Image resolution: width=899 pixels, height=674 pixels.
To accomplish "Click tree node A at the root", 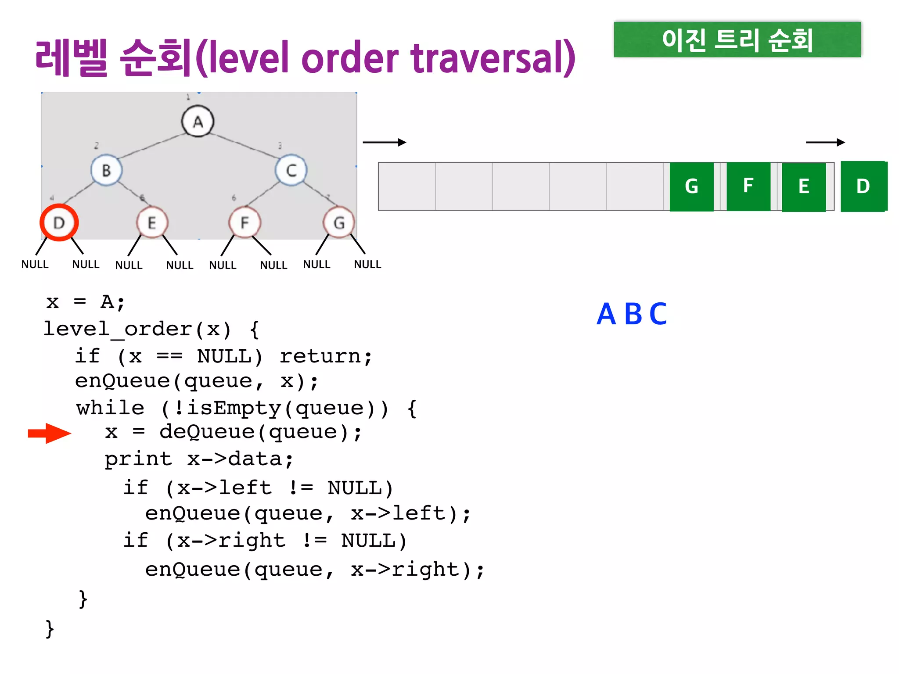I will click(x=198, y=121).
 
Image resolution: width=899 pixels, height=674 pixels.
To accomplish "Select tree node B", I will click(x=106, y=170).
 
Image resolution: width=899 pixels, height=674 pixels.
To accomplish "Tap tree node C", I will click(x=291, y=170).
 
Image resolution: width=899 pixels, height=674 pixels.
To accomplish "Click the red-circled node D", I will click(x=59, y=222).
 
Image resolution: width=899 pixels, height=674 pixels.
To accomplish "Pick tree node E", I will click(x=152, y=222).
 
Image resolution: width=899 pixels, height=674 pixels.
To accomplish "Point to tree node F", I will click(x=245, y=222).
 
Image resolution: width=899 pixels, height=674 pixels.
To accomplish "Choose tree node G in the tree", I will click(x=338, y=222).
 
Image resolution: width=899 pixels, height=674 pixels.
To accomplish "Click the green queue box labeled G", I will click(x=691, y=186).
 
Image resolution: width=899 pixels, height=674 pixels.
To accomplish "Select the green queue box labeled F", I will click(x=748, y=186).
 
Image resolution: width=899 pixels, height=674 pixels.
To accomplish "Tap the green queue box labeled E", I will click(x=804, y=187).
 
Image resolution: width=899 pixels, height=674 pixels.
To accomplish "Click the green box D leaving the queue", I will click(x=863, y=186).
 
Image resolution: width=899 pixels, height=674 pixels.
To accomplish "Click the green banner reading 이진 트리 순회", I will click(x=737, y=40).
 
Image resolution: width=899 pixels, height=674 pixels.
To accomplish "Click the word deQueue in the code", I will click(x=207, y=432).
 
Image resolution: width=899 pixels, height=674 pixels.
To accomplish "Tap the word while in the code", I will click(x=110, y=408).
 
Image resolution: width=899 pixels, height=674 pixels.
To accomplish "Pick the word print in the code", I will click(x=138, y=459).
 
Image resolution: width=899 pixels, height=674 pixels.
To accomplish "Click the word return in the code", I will click(x=320, y=356).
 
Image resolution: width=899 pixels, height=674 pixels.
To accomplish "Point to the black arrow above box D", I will click(x=825, y=142).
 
